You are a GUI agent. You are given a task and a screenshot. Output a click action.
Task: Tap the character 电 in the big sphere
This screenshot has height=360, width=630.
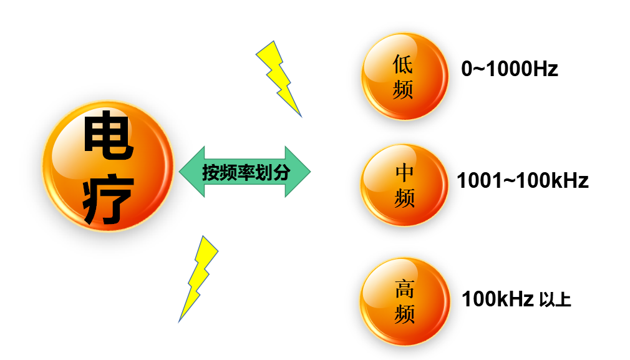pyautogui.click(x=107, y=137)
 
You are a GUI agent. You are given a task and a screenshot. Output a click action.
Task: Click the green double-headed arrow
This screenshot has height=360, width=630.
pyautogui.click(x=245, y=172)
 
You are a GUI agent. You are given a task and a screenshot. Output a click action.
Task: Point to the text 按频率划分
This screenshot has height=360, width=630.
pyautogui.click(x=246, y=172)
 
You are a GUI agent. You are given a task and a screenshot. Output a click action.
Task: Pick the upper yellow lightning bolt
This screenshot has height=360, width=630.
pyautogui.click(x=279, y=77)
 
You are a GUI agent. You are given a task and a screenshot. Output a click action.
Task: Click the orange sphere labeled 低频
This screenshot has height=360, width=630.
pyautogui.click(x=404, y=76)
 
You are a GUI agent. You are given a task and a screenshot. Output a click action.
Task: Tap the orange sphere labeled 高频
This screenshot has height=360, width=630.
pyautogui.click(x=405, y=301)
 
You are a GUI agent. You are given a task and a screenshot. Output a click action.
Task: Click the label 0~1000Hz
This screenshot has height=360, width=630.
pyautogui.click(x=509, y=69)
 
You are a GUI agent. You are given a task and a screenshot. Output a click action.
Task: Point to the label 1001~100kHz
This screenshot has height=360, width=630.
pyautogui.click(x=523, y=181)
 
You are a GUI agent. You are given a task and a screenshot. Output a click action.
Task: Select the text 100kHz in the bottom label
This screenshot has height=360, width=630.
pyautogui.click(x=497, y=299)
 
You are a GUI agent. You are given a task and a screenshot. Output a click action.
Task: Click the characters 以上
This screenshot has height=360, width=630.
pyautogui.click(x=555, y=300)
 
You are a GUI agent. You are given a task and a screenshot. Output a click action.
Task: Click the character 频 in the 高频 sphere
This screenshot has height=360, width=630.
pyautogui.click(x=404, y=314)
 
